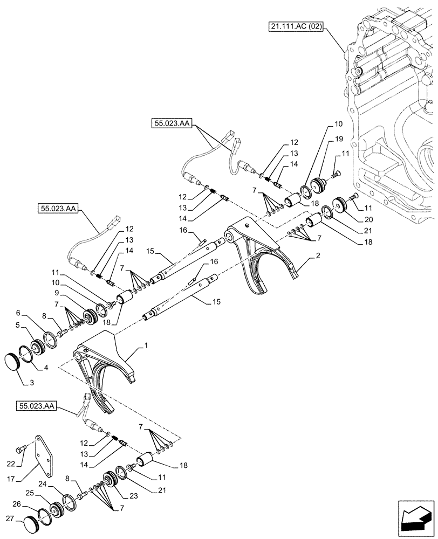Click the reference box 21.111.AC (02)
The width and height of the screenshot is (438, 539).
click(x=294, y=26)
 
